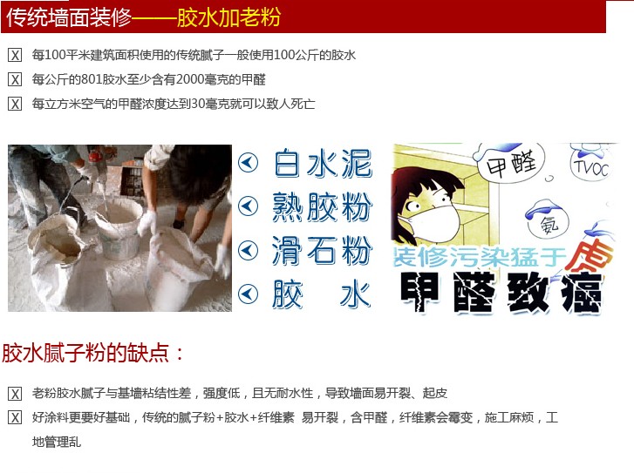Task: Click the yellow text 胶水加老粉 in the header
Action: [228, 17]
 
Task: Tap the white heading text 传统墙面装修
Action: [69, 17]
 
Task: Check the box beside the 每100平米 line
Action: [15, 56]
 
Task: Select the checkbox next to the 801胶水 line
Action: [15, 79]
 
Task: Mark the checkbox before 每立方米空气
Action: [15, 104]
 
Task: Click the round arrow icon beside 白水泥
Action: [248, 163]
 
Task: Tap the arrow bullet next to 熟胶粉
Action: [248, 206]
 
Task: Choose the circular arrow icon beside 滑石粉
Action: [248, 250]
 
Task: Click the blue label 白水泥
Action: [323, 163]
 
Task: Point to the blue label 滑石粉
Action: [322, 250]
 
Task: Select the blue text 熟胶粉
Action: [322, 206]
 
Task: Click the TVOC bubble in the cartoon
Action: [591, 166]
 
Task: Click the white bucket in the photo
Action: [119, 229]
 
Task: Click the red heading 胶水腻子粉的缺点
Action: [93, 353]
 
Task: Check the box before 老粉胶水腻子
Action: [15, 394]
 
